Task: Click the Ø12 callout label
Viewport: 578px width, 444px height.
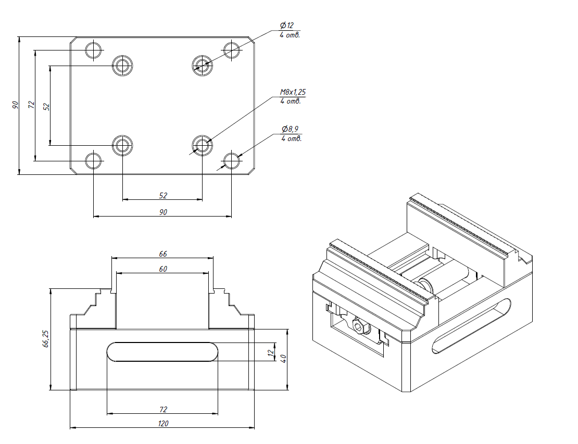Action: point(287,26)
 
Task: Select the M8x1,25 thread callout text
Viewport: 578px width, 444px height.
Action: point(293,92)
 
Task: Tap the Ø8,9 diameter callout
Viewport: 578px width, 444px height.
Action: point(290,129)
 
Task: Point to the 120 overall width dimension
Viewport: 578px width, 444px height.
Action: point(163,424)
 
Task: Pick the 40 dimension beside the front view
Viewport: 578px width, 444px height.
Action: point(283,359)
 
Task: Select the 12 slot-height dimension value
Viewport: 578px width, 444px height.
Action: point(270,353)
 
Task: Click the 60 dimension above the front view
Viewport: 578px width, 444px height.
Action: point(163,269)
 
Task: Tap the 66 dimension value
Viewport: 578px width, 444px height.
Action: point(163,254)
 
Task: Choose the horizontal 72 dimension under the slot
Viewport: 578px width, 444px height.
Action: point(163,410)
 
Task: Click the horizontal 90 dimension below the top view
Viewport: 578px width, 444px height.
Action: point(163,212)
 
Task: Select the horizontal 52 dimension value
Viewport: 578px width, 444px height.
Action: point(163,195)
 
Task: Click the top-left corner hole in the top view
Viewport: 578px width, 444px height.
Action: point(94,50)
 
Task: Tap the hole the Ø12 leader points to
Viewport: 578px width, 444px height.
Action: point(202,65)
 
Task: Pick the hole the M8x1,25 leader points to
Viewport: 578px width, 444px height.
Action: point(202,145)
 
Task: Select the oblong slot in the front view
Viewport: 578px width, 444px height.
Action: point(162,352)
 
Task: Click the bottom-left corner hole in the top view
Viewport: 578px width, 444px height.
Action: point(94,161)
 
